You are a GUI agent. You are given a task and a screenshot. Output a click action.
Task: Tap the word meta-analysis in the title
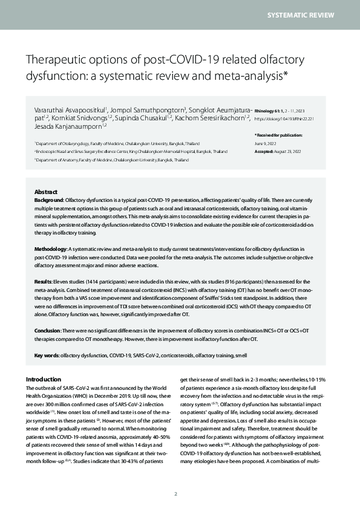(246, 76)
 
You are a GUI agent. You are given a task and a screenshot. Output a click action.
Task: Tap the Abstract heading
(47, 190)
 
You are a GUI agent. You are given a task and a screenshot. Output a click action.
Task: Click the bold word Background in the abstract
(48, 199)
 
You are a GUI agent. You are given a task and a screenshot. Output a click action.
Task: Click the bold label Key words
(46, 355)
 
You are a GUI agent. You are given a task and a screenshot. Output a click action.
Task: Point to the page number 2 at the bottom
(175, 494)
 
